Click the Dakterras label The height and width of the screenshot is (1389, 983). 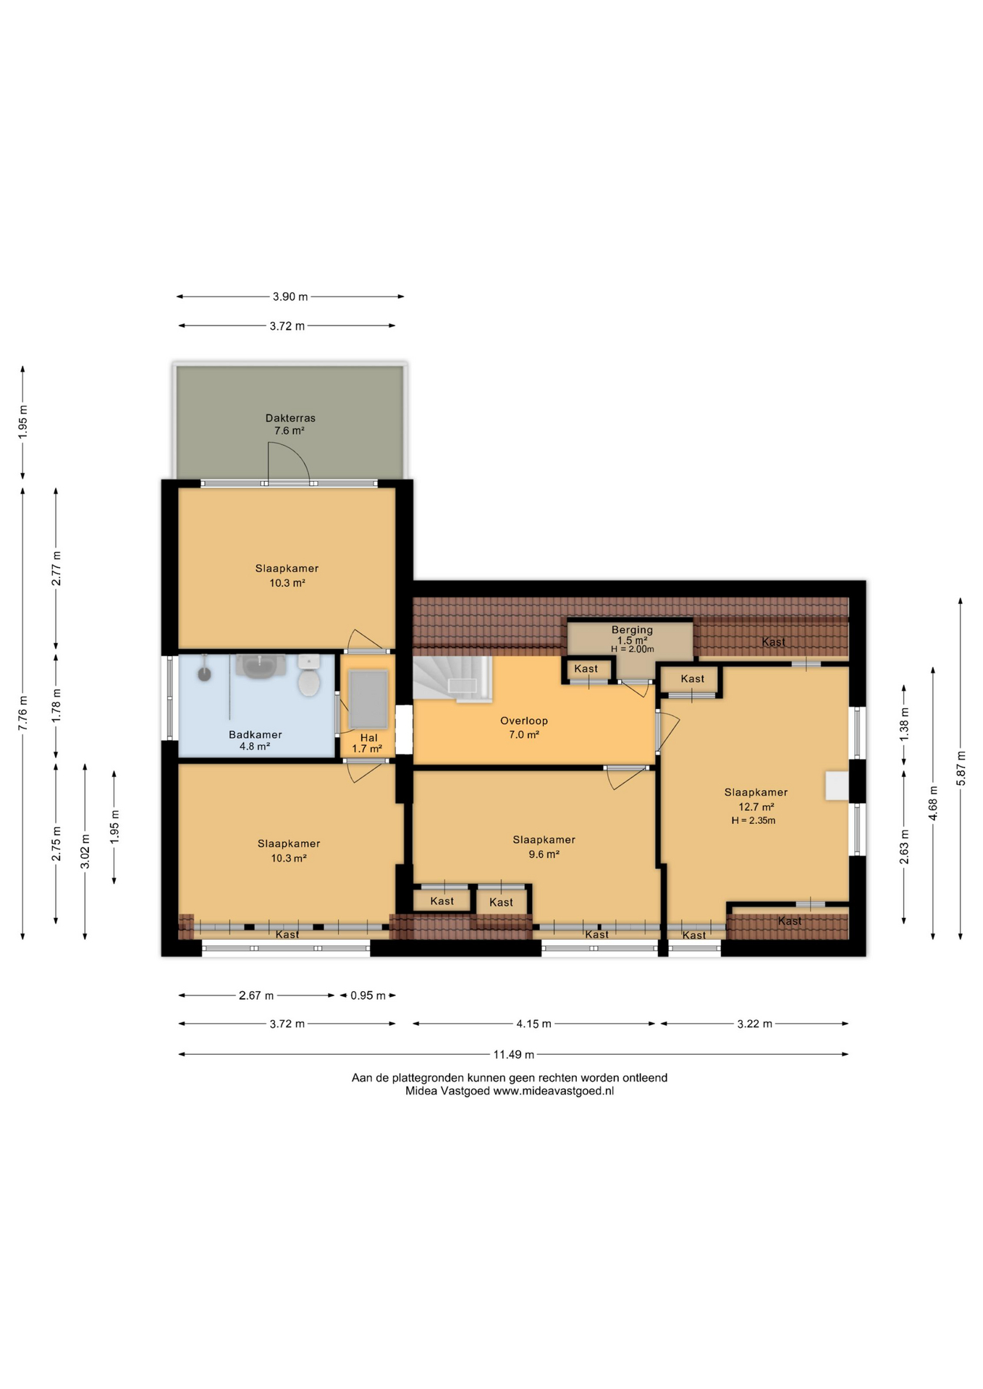click(290, 418)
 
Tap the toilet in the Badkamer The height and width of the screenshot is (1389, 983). click(309, 676)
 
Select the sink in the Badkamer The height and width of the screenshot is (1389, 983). click(261, 666)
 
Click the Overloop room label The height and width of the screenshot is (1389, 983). click(524, 721)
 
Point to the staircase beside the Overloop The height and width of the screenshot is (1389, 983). click(452, 679)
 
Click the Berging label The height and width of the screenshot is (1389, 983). click(632, 630)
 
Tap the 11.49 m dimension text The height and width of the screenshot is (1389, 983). click(514, 1054)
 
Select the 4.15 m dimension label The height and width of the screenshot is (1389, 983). click(533, 1024)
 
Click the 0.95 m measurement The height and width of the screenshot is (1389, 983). click(368, 995)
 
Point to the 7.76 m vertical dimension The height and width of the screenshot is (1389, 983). click(23, 713)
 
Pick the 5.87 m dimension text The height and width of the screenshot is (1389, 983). click(961, 768)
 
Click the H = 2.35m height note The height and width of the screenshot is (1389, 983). click(753, 820)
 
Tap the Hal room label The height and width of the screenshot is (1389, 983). click(369, 738)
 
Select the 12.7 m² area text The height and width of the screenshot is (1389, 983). click(756, 807)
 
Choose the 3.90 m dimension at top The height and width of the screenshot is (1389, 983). click(290, 297)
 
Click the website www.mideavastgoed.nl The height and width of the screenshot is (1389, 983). click(554, 1091)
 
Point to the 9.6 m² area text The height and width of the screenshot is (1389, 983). click(544, 854)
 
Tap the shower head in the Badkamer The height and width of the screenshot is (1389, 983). click(205, 674)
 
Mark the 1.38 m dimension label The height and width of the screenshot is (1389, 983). click(904, 724)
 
